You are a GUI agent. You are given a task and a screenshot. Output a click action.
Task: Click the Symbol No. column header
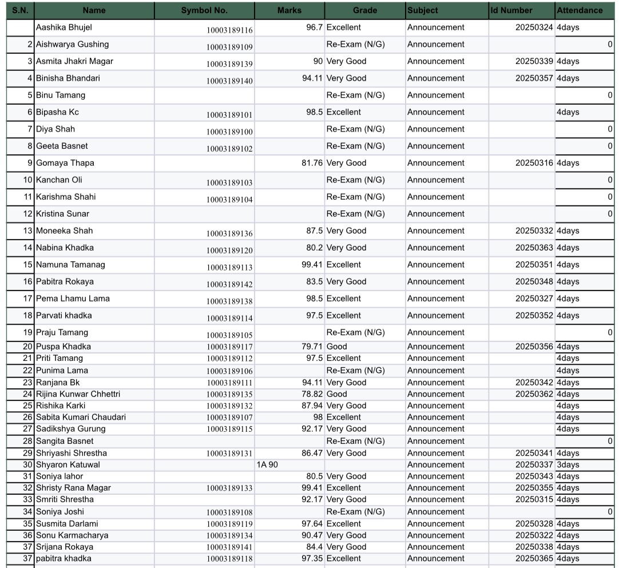[x=204, y=10]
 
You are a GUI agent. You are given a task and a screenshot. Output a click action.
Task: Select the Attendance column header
[x=580, y=10]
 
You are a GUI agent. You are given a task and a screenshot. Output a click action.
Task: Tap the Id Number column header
[x=511, y=10]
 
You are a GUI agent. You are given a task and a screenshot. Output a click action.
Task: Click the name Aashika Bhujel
[x=64, y=27]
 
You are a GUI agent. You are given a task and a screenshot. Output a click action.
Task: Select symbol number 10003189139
[x=229, y=64]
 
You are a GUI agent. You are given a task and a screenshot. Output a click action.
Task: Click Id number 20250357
[x=534, y=78]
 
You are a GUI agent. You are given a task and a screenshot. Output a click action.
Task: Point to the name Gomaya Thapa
[x=65, y=163]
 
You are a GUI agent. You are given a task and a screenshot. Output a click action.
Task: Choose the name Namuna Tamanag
[x=70, y=265]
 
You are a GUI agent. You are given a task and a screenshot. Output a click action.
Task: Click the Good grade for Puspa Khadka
[x=337, y=347]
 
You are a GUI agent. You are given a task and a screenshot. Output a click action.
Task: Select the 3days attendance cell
[x=568, y=465]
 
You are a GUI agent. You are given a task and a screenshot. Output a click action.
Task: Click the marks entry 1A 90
[x=267, y=465]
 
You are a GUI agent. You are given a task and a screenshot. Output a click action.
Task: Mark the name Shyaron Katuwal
[x=68, y=465]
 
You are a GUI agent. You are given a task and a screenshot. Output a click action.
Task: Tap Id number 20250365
[x=534, y=559]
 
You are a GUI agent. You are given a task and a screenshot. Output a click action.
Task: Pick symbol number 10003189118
[x=229, y=559]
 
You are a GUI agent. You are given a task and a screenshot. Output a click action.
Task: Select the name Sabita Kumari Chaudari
[x=81, y=418]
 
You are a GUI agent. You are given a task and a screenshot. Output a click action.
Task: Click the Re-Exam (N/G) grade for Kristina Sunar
[x=355, y=214]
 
